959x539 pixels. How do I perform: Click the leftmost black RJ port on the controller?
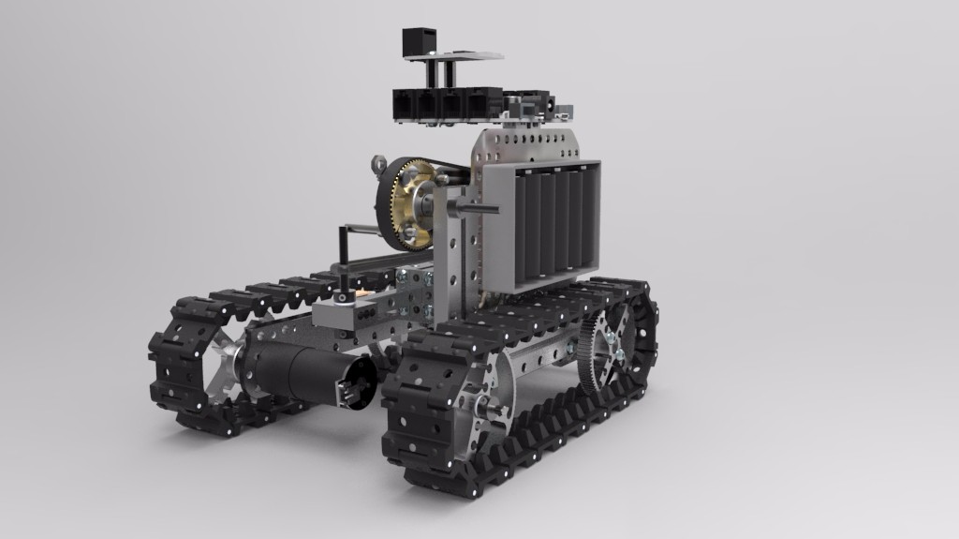click(408, 106)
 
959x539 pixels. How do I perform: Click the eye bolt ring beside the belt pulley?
click(378, 164)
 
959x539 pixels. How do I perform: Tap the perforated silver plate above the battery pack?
click(529, 146)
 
